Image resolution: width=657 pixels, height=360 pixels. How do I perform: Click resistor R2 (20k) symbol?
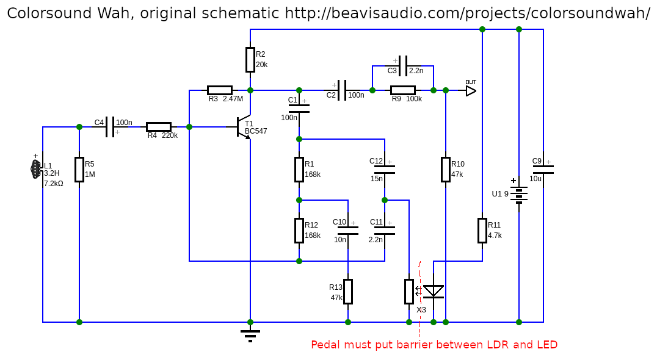250,59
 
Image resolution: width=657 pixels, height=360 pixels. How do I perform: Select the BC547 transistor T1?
244,127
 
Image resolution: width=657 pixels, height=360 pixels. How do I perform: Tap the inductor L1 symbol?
36,170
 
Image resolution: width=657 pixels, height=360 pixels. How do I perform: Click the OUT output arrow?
470,90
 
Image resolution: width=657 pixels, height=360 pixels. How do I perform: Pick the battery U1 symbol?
518,194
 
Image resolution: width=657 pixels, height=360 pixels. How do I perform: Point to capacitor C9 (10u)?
543,169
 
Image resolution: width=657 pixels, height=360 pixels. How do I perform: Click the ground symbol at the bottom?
250,334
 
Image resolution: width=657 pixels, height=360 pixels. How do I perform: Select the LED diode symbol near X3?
434,292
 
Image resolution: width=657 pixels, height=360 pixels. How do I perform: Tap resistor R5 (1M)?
79,169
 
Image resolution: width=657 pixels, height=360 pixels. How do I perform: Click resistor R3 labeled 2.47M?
219,90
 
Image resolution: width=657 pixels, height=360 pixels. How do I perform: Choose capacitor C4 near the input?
110,127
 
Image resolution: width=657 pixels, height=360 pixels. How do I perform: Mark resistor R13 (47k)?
347,291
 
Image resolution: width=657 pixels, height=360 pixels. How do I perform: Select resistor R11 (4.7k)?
482,230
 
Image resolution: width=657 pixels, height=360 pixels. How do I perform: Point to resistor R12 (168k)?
299,230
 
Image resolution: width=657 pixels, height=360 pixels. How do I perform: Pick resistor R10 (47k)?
445,169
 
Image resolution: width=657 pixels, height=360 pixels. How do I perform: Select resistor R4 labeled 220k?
158,127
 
